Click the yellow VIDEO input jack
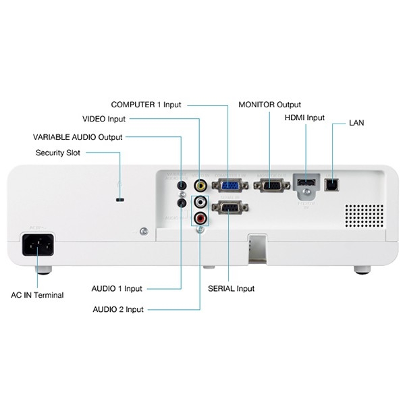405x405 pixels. pos(200,184)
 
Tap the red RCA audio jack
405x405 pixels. pos(200,217)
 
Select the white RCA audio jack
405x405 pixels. pos(200,202)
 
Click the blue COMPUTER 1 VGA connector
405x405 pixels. pos(229,184)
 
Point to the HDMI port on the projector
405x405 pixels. pos(306,184)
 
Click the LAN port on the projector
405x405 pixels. pos(331,184)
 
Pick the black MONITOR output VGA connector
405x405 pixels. pos(271,184)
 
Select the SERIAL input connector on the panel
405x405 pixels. pos(230,207)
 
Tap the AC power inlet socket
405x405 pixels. pos(38,244)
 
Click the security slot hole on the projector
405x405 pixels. pos(120,200)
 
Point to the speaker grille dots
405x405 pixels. pos(364,215)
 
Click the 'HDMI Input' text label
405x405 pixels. pos(304,118)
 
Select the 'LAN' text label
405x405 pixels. pos(357,124)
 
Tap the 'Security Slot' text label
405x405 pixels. pos(57,153)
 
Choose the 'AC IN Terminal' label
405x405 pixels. pos(37,295)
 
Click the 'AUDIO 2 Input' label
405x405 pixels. pos(118,309)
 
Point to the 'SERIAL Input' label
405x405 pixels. pos(232,288)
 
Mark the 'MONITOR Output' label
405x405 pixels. pos(270,105)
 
